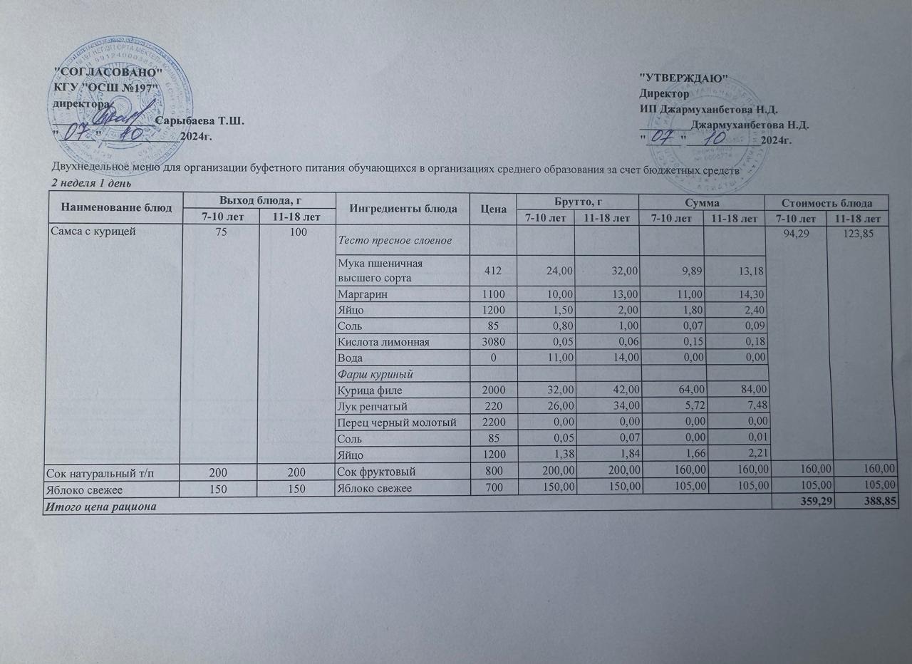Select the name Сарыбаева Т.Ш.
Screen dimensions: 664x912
[x=199, y=121]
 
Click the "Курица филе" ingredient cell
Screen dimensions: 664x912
[x=367, y=390]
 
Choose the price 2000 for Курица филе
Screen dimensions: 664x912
[x=493, y=390]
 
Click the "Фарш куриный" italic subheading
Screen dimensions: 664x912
[x=368, y=373]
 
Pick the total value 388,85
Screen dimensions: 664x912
[x=865, y=505]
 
